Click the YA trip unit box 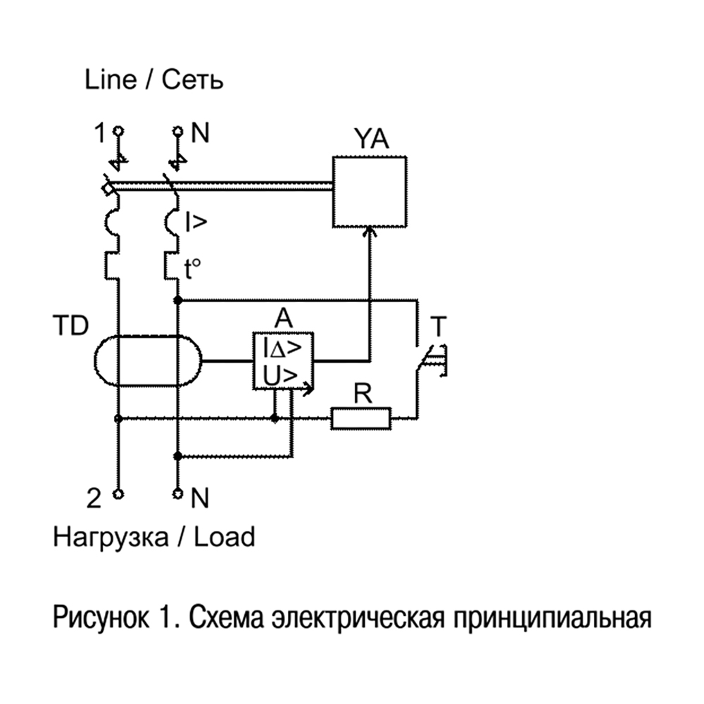point(369,191)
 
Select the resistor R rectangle point(361,419)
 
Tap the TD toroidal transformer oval point(147,361)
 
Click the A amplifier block point(284,360)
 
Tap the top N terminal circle point(177,131)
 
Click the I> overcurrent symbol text point(196,223)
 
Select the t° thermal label point(192,268)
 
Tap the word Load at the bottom point(223,537)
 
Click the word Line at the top point(111,80)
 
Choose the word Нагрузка point(111,538)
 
